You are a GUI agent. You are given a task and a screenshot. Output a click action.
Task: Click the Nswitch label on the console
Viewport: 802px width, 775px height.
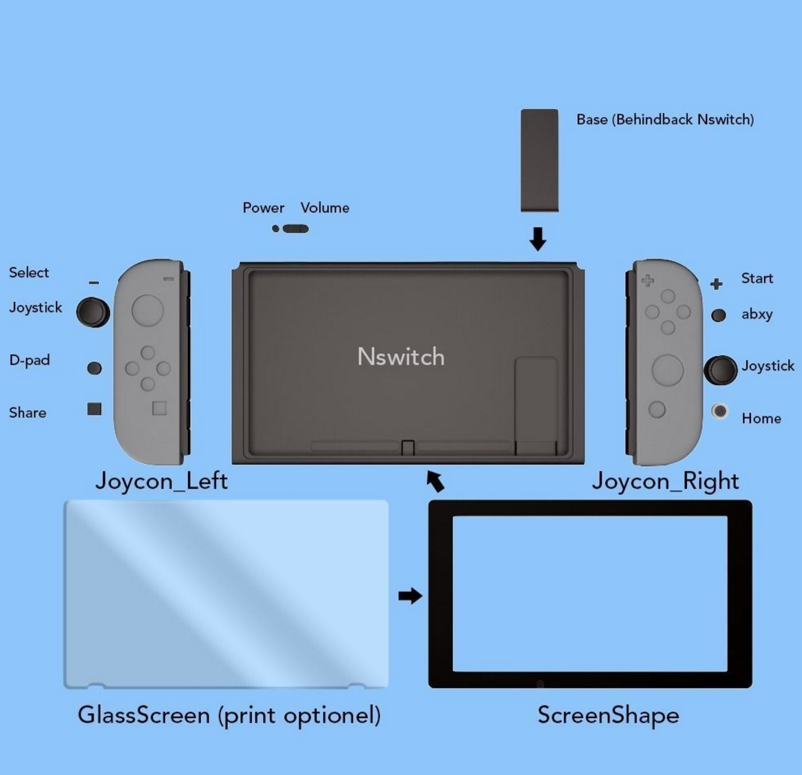tap(401, 357)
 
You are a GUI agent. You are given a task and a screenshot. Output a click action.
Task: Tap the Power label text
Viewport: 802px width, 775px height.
tap(263, 208)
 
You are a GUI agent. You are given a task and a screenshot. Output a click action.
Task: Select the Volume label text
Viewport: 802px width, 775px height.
tap(324, 208)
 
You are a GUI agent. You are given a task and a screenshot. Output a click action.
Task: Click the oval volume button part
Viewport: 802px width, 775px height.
tap(296, 229)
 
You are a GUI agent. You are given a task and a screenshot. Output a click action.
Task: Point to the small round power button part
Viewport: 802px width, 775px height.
tap(275, 229)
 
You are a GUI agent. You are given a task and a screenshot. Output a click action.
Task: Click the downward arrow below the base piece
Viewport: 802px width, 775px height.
tap(538, 239)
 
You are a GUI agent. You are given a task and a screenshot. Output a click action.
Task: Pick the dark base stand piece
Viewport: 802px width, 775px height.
tap(540, 160)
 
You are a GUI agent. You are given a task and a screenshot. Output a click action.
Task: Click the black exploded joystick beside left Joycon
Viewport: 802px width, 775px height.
tap(92, 312)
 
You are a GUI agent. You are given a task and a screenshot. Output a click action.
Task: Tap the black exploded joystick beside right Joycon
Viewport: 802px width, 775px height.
tap(721, 370)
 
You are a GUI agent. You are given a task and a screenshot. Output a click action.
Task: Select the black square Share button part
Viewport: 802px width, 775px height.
tap(94, 409)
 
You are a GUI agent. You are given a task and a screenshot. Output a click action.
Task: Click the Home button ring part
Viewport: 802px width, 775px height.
tap(719, 411)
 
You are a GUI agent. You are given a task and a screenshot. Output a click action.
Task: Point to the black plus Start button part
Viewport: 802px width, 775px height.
tap(717, 284)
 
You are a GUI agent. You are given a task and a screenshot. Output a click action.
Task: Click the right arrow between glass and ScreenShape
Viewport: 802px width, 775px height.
tap(410, 595)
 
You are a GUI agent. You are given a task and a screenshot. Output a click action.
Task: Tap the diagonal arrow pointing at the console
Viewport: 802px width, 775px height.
tap(435, 480)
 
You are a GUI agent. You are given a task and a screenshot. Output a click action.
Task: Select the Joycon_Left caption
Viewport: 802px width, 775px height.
tap(161, 480)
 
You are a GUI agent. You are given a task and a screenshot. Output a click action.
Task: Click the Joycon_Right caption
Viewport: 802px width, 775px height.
tap(665, 480)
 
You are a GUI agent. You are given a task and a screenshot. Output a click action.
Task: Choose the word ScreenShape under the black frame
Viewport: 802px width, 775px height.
tap(608, 715)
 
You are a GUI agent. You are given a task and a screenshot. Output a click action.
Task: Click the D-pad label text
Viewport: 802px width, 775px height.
tap(30, 360)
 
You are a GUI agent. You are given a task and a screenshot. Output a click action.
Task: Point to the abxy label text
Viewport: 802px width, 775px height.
tap(757, 315)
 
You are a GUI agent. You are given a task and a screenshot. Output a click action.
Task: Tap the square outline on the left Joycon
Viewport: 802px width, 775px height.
tap(159, 408)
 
